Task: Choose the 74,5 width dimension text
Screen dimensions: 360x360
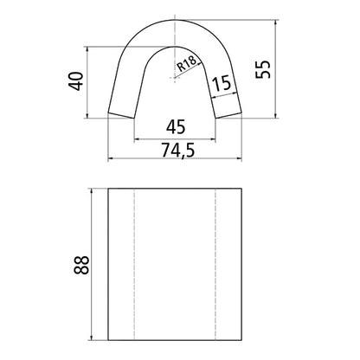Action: (x=177, y=150)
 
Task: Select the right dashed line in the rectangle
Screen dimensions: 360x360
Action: (x=215, y=265)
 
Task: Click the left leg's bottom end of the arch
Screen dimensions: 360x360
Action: (x=121, y=114)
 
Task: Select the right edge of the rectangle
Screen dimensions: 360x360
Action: (x=245, y=265)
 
